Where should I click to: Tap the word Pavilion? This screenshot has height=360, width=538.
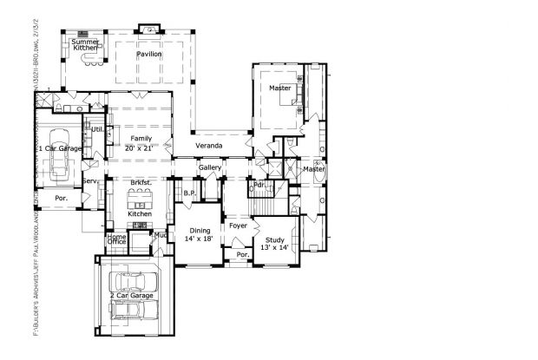click(153, 55)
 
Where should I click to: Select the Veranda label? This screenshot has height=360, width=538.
click(209, 146)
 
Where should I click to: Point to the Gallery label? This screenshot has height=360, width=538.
click(210, 167)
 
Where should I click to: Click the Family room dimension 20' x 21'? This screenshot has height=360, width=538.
click(141, 147)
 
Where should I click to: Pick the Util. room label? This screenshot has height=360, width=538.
click(99, 129)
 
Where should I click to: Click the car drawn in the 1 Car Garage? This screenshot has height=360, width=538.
click(59, 157)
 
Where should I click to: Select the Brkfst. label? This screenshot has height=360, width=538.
click(141, 183)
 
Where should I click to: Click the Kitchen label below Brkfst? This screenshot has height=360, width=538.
click(141, 213)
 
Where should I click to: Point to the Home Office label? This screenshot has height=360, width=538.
click(117, 239)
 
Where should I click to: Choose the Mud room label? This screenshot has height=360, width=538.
click(161, 234)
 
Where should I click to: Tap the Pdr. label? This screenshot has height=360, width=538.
click(259, 186)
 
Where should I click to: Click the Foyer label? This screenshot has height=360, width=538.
click(239, 226)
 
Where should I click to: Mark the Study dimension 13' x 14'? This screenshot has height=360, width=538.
click(274, 247)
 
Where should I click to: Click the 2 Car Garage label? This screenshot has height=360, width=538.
click(132, 297)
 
